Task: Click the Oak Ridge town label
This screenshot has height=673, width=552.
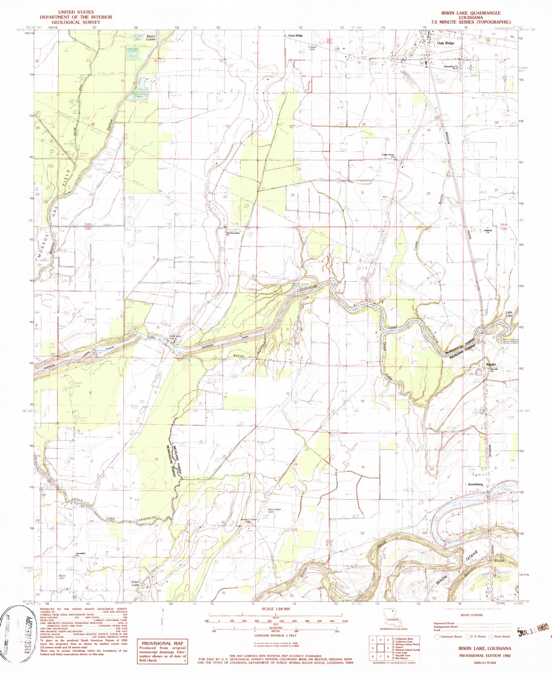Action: pos(445,43)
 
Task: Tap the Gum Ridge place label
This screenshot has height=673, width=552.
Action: pos(296,36)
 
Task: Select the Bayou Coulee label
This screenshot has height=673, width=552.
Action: pos(151,38)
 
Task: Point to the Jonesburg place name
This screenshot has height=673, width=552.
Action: pos(475,484)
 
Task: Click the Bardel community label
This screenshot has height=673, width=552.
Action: pos(491,364)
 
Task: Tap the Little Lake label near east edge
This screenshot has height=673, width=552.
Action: pos(509,314)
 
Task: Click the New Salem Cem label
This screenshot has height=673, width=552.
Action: pos(275,511)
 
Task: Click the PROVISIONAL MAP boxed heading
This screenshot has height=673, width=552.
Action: pos(161,643)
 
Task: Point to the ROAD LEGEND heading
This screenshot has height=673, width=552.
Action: pos(472,615)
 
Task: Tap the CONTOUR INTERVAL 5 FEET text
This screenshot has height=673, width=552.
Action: pos(275,635)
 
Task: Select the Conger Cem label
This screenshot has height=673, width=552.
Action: pos(312,48)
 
